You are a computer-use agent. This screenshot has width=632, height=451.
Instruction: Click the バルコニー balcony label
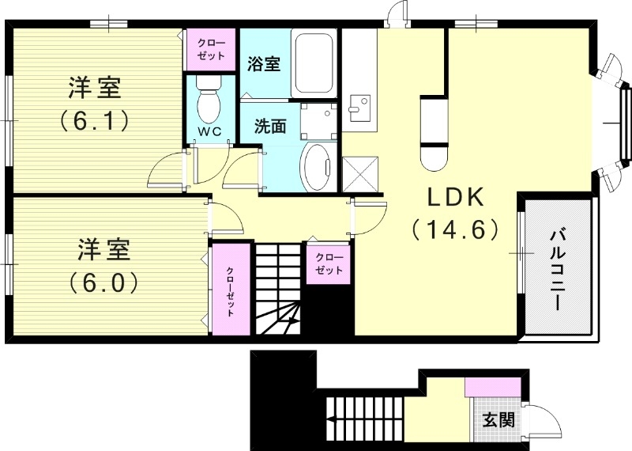[x=559, y=268]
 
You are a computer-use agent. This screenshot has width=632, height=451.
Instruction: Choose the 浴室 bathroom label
[x=263, y=63]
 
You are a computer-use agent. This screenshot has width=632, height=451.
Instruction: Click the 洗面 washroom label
[x=269, y=126]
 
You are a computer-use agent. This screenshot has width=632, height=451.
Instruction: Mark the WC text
[x=209, y=131]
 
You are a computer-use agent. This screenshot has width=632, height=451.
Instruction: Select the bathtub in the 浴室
[x=316, y=63]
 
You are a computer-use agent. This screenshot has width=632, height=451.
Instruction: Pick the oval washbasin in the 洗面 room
[x=319, y=167]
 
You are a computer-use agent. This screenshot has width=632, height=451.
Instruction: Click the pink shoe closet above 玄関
[x=492, y=388]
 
